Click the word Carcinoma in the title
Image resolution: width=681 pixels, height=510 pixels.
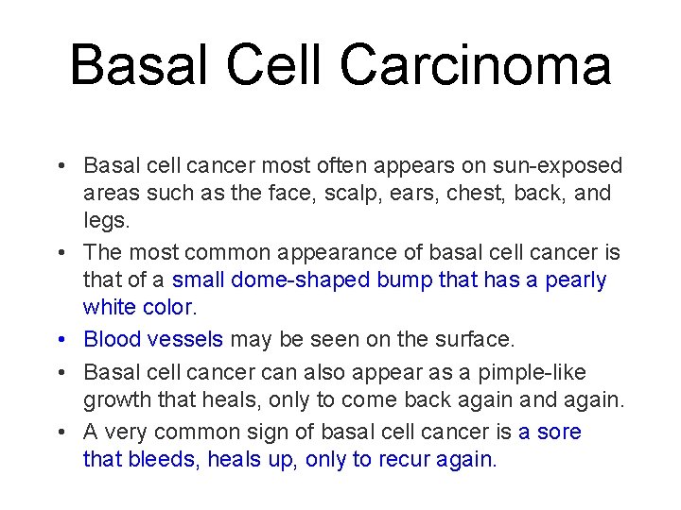coord(475,66)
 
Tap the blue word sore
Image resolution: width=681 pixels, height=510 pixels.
coord(561,433)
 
